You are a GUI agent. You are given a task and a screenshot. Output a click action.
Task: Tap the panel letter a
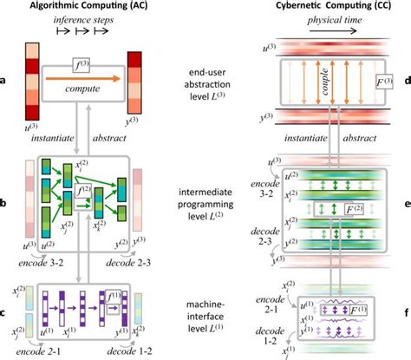pyautogui.click(x=5, y=82)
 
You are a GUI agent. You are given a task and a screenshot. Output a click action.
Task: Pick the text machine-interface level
pyautogui.click(x=205, y=308)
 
